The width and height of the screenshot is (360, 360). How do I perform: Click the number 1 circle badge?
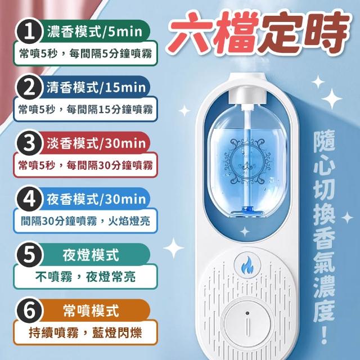[x=29, y=32]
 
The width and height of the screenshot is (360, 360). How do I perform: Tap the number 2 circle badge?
[x=29, y=88]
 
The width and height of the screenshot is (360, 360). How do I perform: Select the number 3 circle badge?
[x=29, y=143]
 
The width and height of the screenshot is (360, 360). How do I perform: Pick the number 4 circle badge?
[x=29, y=199]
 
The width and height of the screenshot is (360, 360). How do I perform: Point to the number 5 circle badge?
[x=29, y=255]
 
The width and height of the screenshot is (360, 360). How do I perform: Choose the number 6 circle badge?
[x=29, y=310]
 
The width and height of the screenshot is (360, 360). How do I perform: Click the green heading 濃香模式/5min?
[x=94, y=31]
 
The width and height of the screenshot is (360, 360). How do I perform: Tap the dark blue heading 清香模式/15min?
[x=96, y=88]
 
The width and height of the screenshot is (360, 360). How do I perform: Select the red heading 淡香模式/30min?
[x=96, y=143]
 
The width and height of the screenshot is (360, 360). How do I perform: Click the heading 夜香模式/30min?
[x=96, y=199]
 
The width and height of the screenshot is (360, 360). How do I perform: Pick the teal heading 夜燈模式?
[x=91, y=255]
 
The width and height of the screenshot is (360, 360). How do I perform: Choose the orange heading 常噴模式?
[x=91, y=310]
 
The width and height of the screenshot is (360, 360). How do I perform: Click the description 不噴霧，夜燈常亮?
[x=85, y=277]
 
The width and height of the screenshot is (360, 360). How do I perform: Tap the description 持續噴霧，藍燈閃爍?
[x=85, y=332]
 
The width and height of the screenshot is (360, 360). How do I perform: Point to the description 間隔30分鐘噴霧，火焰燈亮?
[x=85, y=221]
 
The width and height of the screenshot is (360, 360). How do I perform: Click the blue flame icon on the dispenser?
[x=247, y=265]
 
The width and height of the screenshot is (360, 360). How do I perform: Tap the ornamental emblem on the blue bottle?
[x=247, y=161]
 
